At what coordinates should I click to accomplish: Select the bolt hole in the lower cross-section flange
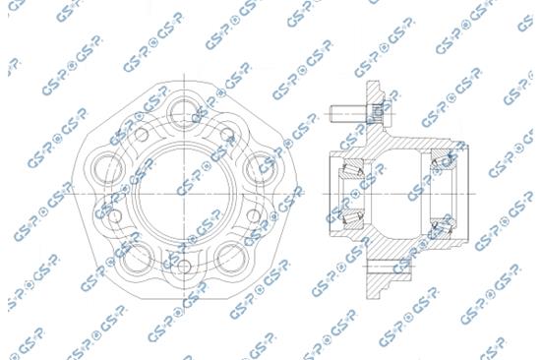tap(377, 268)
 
